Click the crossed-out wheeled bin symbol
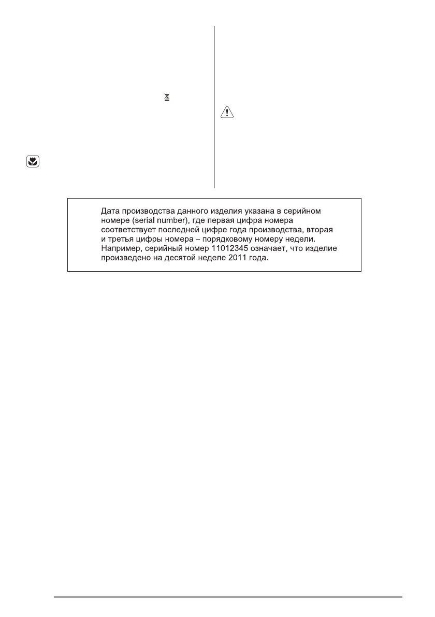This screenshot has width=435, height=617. (x=167, y=97)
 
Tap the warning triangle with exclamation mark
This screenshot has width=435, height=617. (x=226, y=114)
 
